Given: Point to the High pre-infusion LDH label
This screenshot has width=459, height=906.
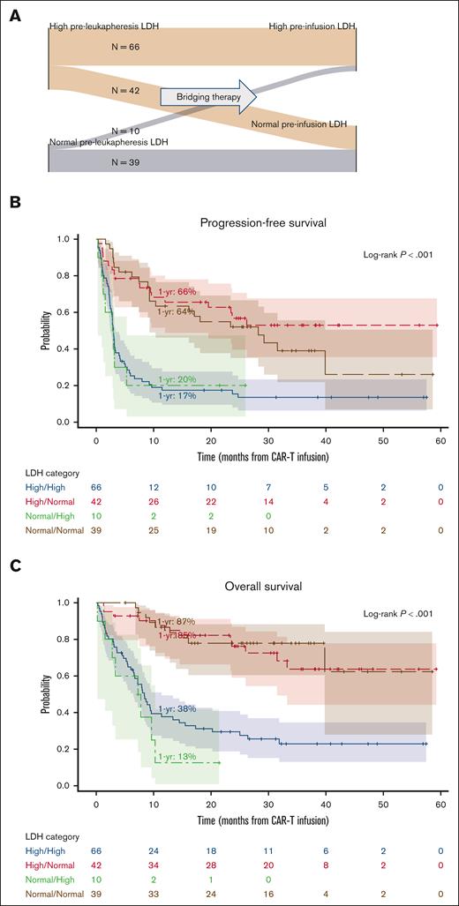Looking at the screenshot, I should click(313, 29).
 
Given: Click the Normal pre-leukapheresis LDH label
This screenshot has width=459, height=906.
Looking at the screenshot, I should click(98, 142).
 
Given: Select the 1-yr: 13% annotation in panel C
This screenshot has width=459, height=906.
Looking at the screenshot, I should click(175, 757).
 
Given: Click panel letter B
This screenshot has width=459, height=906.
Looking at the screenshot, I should click(15, 202).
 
